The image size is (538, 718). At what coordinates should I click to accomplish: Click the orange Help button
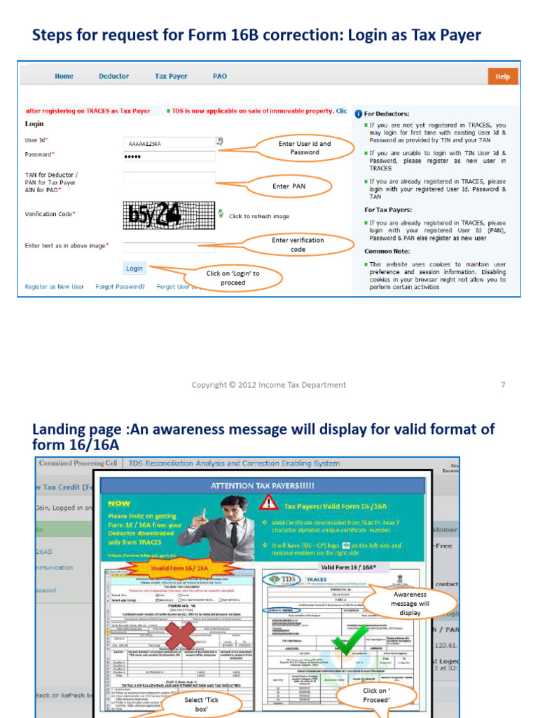click(x=502, y=76)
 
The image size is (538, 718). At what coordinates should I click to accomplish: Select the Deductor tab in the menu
click(x=113, y=76)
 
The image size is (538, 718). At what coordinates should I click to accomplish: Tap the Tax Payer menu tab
click(x=171, y=76)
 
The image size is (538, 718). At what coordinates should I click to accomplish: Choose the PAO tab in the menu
click(x=219, y=76)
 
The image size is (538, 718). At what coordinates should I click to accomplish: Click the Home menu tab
click(x=64, y=76)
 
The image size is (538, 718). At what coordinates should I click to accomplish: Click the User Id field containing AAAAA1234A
click(x=169, y=143)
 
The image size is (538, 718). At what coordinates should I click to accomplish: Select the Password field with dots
click(x=169, y=156)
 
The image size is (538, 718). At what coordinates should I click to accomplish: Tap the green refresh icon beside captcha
click(x=221, y=212)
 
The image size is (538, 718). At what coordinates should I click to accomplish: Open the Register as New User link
click(x=55, y=287)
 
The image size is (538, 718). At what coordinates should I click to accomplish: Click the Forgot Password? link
click(x=120, y=287)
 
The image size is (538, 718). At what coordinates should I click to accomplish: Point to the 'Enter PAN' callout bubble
click(x=289, y=187)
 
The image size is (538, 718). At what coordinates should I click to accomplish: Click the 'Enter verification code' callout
click(x=298, y=245)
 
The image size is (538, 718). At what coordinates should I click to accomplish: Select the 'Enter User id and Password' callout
click(x=305, y=147)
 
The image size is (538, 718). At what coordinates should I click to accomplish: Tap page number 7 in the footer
click(x=503, y=385)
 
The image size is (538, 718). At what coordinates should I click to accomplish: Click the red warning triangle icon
click(x=268, y=503)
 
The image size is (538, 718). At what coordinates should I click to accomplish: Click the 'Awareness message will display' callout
click(x=410, y=603)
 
